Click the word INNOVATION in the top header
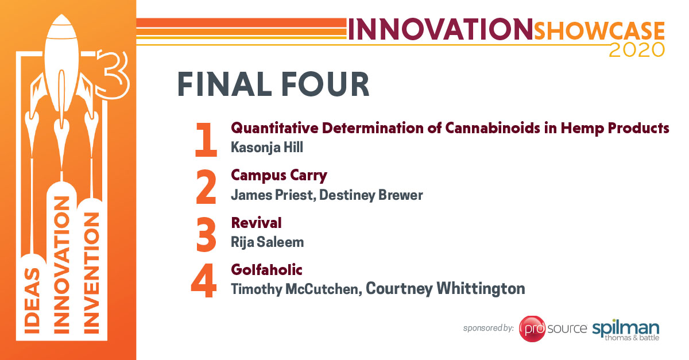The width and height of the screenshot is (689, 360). point(440,29)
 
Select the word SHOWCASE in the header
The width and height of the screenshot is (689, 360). point(599,31)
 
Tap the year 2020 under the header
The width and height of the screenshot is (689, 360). point(637,50)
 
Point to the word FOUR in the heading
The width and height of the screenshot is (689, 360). point(325,84)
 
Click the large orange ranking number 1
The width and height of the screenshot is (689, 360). point(206,140)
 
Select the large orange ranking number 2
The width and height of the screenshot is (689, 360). point(206,187)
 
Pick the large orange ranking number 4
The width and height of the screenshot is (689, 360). point(204,280)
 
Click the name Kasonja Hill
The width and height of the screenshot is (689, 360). point(267,148)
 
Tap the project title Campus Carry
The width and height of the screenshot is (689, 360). point(279,176)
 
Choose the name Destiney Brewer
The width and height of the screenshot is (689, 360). point(371,195)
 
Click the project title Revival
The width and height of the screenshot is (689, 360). point(256,223)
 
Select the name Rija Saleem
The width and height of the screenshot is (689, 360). point(268,242)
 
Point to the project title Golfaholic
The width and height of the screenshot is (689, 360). point(266,270)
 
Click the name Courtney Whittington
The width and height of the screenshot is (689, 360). point(446,289)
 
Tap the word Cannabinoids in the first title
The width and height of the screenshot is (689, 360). point(493,128)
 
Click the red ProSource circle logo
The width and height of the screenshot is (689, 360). point(532,328)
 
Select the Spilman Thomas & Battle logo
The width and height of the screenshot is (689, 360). point(626,331)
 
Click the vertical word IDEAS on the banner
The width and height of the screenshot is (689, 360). point(32,301)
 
